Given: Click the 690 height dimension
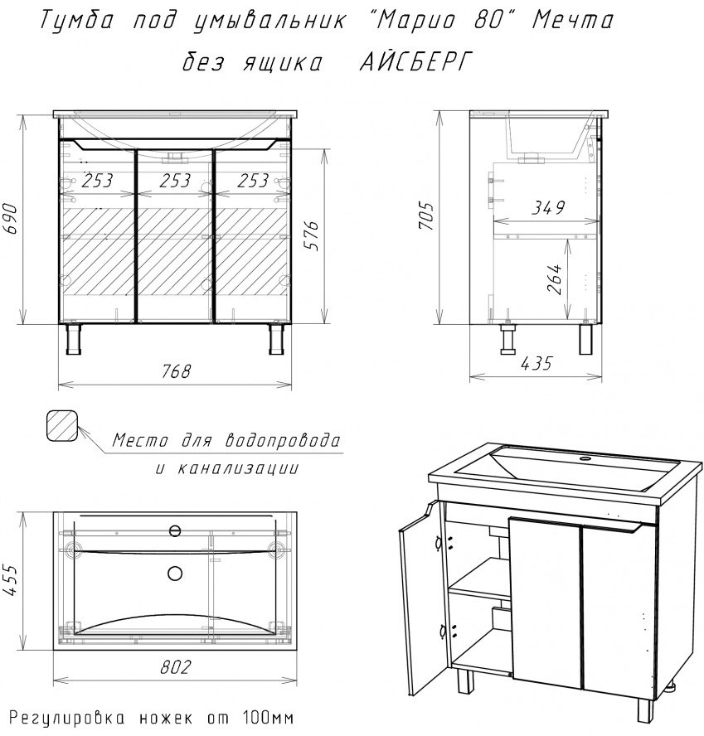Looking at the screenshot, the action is [11, 219].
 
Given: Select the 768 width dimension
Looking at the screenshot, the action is [176, 371].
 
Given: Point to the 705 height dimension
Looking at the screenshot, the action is [426, 216].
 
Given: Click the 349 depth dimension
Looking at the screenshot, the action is [548, 207].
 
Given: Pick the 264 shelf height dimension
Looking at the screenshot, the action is [555, 278].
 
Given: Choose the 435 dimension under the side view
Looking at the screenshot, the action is [536, 363].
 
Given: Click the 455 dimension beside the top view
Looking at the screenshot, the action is [11, 579].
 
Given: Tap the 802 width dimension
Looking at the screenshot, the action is [176, 666].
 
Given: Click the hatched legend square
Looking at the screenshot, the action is [62, 426].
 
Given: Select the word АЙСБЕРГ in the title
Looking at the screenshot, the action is [415, 62].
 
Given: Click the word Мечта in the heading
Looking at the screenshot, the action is [572, 21].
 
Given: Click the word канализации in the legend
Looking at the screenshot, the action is [238, 468].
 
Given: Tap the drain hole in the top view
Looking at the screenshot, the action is [175, 573].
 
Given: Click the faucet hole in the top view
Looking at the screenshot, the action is [175, 531].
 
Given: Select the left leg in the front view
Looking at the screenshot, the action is [74, 339].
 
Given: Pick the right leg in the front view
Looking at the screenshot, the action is [277, 339].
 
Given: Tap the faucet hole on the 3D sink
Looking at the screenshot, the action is [585, 458].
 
